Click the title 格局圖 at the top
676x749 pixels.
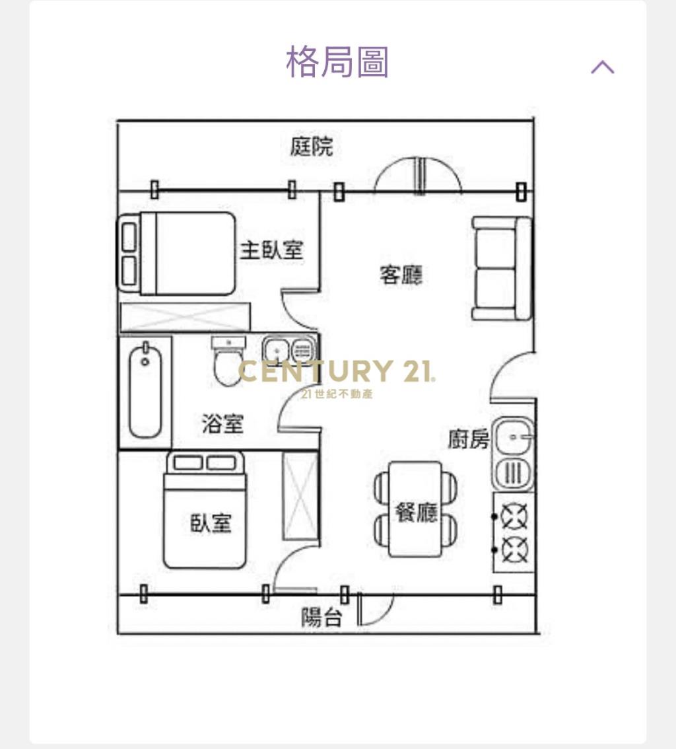337,62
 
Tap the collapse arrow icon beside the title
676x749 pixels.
602,67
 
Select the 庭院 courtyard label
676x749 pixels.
312,146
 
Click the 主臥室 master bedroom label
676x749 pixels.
271,250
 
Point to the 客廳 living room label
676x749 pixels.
401,274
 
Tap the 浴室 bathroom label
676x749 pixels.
222,423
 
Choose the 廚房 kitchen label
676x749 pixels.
469,439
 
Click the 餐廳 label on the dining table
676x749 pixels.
416,512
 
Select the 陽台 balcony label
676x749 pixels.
321,618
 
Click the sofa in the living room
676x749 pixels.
502,268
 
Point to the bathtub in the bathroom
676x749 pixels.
145,390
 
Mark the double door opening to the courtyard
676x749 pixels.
419,176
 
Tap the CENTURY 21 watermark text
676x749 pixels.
336,371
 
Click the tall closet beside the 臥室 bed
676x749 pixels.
300,496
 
